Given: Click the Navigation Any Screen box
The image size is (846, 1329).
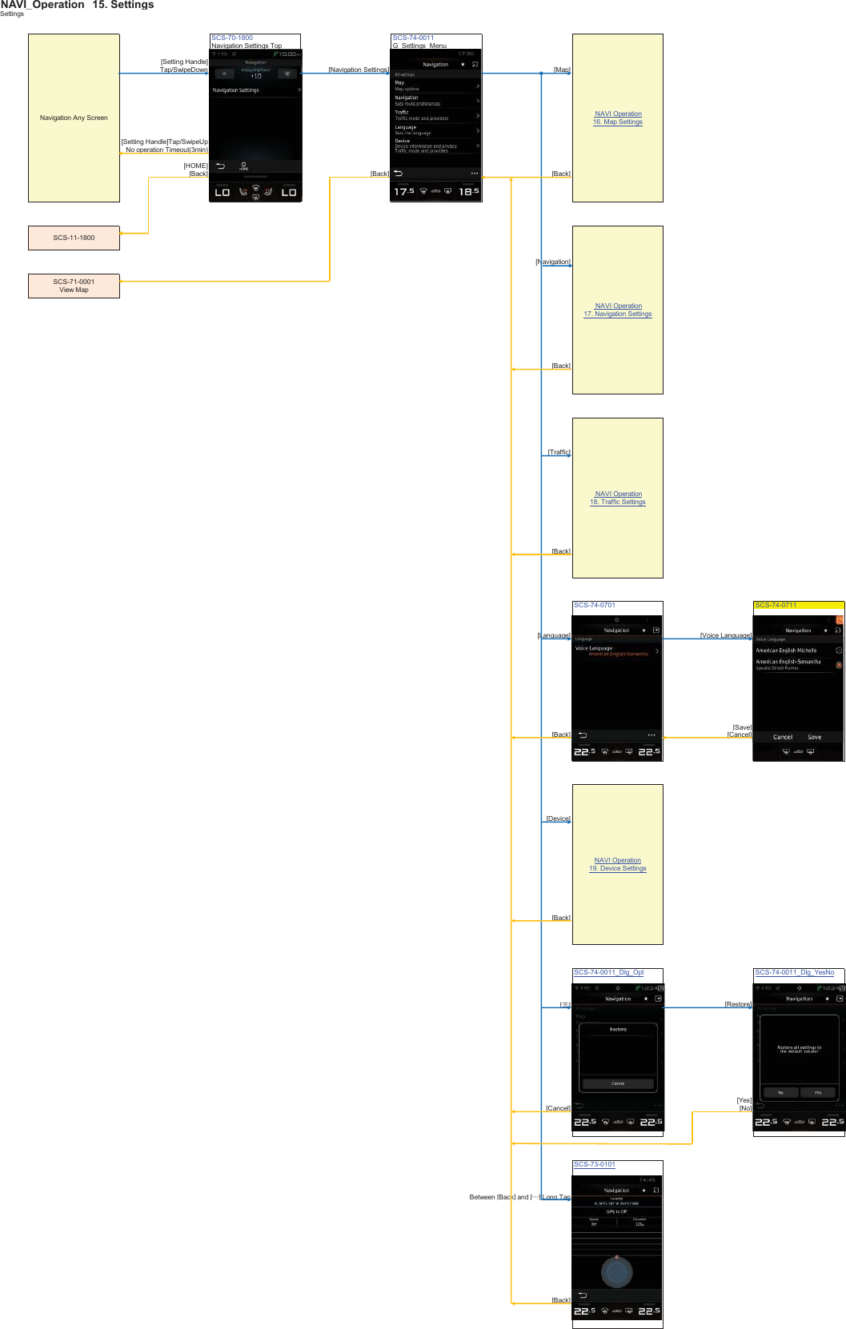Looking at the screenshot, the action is point(74,118).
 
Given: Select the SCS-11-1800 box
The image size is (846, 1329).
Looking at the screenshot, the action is point(74,238).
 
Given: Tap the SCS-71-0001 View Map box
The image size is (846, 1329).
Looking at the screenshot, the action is point(74,286).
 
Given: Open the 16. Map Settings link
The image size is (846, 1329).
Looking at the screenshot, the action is point(617,122).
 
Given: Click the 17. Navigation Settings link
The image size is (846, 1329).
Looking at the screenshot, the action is point(617,314).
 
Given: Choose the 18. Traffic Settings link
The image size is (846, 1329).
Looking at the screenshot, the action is point(617,502).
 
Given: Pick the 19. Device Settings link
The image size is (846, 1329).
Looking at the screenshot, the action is point(617,869).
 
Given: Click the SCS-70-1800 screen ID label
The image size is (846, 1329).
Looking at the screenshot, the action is point(232,38).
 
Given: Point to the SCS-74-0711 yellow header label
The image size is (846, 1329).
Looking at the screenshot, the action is point(776,605).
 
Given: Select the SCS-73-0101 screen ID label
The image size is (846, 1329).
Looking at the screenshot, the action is point(595,1165).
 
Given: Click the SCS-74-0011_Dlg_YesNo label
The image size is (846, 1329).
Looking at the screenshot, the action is point(794,973).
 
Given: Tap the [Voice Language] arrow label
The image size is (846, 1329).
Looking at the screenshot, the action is point(725,635).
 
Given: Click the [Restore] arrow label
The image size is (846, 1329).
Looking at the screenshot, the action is point(738,1004).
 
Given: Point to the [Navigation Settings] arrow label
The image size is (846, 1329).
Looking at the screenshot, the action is point(358,70).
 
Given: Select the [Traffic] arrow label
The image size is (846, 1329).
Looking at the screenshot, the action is point(559,452).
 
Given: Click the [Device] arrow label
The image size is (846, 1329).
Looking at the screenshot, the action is point(559,819).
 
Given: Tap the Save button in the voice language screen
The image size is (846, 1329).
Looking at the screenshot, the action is point(814,737).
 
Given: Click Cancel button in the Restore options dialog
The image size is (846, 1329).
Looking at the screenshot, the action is point(618,1083).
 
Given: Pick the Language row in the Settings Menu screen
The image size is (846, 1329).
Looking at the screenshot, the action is point(436,130).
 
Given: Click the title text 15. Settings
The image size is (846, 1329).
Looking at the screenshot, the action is point(122,5).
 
